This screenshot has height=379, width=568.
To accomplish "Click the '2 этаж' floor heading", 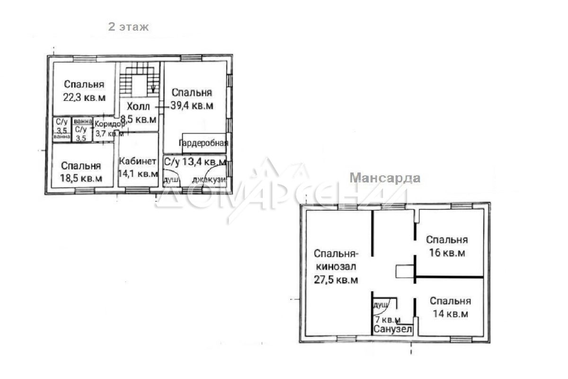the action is [x=128, y=27].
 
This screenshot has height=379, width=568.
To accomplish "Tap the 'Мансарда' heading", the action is [x=385, y=178].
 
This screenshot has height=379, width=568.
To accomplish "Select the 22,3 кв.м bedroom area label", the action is [x=84, y=98].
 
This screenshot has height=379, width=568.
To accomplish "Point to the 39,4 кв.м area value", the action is [x=192, y=105].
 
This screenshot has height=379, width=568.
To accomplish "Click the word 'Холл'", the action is [x=138, y=107].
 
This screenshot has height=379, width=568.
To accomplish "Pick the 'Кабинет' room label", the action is [x=138, y=161].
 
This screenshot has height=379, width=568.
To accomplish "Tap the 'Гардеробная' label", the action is [x=204, y=143].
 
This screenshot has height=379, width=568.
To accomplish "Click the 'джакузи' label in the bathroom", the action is [x=209, y=180].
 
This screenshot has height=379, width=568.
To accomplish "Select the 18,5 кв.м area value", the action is [x=81, y=178].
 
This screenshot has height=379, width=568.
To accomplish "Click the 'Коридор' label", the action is [x=109, y=124].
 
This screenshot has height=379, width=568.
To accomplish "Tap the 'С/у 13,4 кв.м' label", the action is [x=195, y=162].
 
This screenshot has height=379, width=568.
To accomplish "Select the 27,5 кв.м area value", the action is [x=336, y=280].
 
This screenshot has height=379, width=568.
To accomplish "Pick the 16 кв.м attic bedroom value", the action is [x=447, y=253].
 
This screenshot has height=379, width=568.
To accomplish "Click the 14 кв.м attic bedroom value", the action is [x=450, y=314].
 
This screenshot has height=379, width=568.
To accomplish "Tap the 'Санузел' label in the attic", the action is [x=393, y=329].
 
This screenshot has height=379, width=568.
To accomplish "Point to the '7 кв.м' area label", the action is [x=388, y=320].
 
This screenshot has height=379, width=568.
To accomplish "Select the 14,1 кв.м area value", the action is [x=138, y=174].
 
